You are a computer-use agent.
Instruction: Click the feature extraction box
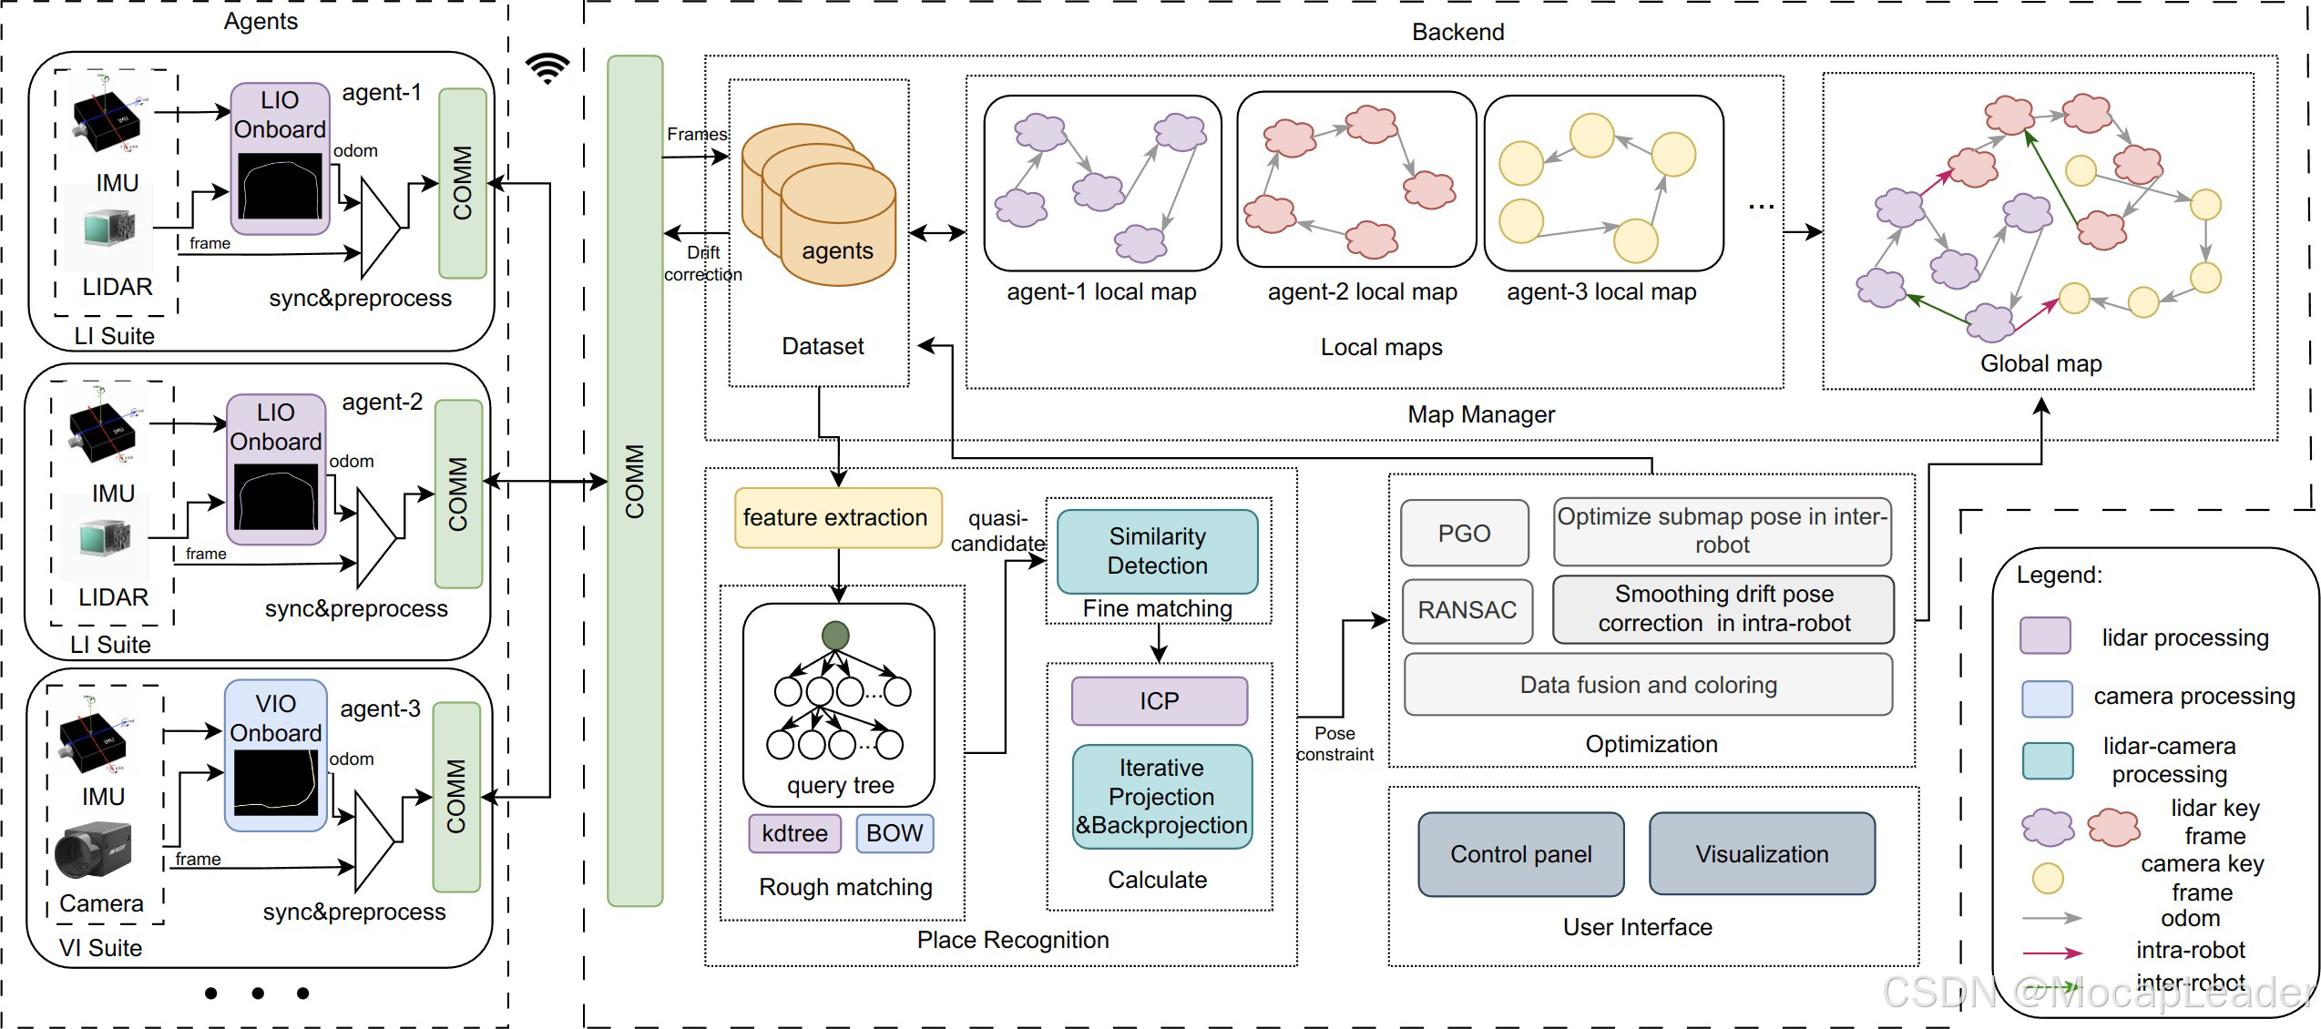[837, 518]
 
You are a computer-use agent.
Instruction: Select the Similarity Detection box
[1157, 551]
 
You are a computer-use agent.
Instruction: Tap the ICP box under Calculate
[1159, 701]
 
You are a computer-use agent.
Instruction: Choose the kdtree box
[794, 833]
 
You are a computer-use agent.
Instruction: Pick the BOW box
[895, 833]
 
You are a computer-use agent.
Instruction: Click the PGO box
[1464, 534]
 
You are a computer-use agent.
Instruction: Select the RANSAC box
[1467, 610]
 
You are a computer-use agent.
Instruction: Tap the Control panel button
[1520, 854]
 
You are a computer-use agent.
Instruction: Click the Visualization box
[1762, 854]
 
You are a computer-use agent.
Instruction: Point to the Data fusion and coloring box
[1648, 685]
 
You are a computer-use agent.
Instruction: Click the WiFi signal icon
[547, 67]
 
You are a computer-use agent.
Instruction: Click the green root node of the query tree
[835, 636]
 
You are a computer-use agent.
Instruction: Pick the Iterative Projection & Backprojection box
[1161, 797]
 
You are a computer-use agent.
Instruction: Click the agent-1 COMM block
[463, 183]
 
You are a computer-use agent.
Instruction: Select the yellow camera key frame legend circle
[2048, 878]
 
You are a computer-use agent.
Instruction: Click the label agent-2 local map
[1362, 292]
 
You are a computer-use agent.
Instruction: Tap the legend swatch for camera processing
[2047, 698]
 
